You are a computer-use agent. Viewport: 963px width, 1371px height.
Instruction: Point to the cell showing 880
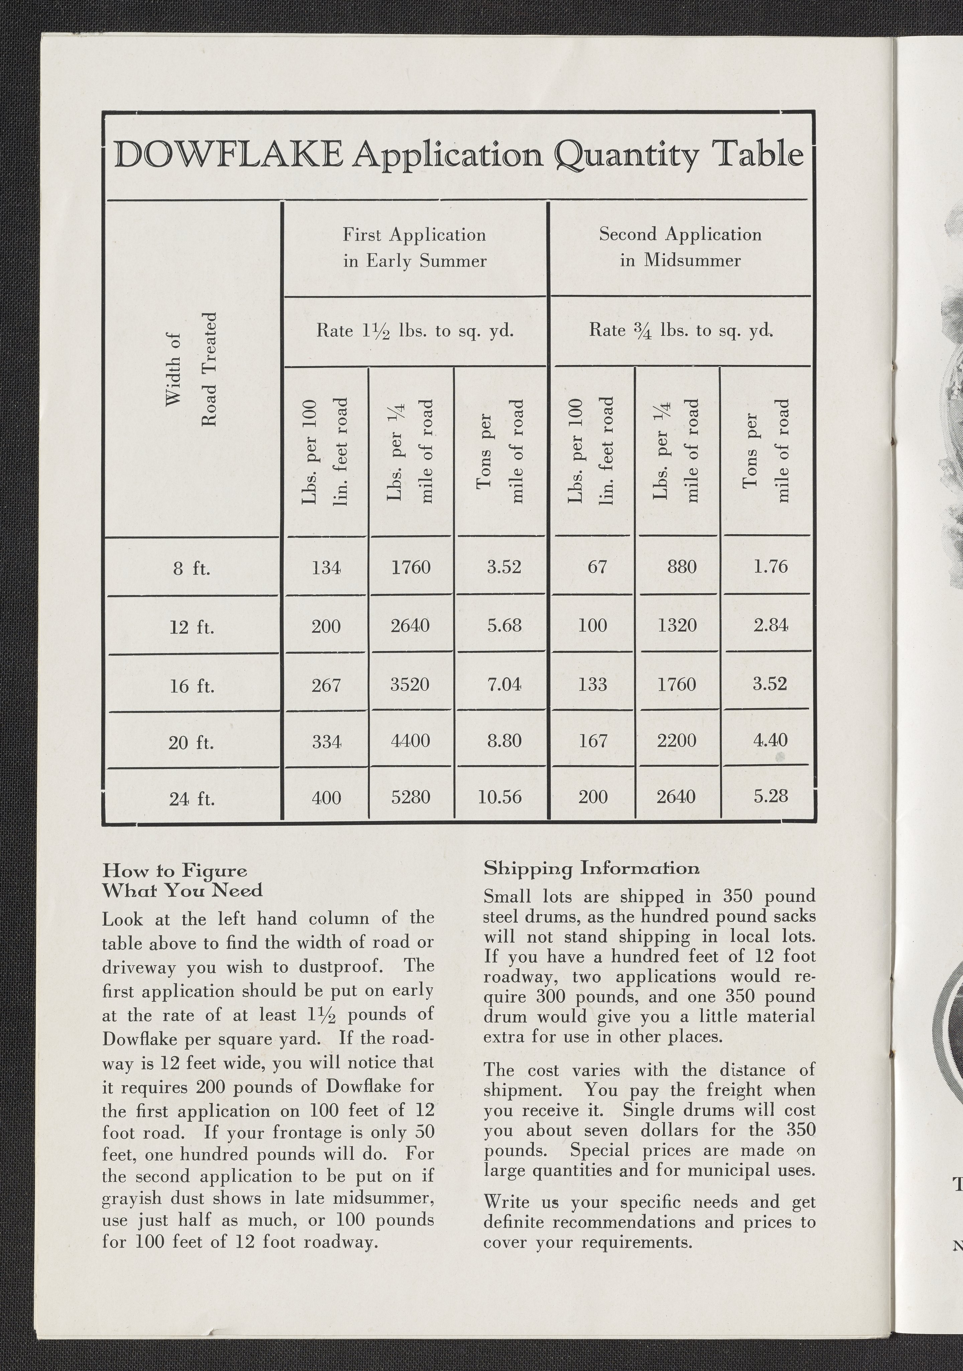[x=682, y=566]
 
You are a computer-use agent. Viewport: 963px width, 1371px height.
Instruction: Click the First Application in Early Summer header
[x=414, y=247]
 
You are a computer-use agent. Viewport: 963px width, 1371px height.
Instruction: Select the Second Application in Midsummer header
[x=680, y=247]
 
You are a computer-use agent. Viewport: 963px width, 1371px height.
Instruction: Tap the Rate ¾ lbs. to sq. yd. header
[x=680, y=330]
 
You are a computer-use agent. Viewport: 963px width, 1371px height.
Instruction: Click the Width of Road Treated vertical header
[x=191, y=369]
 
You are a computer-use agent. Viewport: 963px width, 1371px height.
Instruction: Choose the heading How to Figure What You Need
[x=183, y=880]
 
